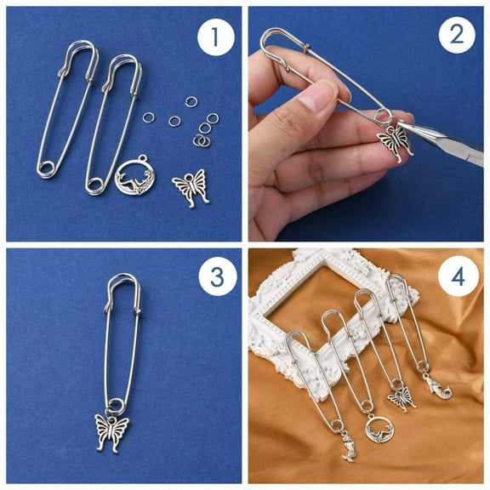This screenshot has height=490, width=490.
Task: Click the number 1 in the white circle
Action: (x=215, y=37)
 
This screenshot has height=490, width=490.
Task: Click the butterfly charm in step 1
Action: (x=191, y=185)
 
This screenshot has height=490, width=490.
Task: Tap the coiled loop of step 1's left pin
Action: (x=48, y=167)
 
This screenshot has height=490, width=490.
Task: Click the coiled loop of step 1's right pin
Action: (x=96, y=179)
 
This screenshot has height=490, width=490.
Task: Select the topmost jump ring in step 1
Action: (x=191, y=102)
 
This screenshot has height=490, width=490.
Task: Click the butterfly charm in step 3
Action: (x=111, y=433)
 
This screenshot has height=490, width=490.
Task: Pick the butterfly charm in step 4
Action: (x=401, y=396)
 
